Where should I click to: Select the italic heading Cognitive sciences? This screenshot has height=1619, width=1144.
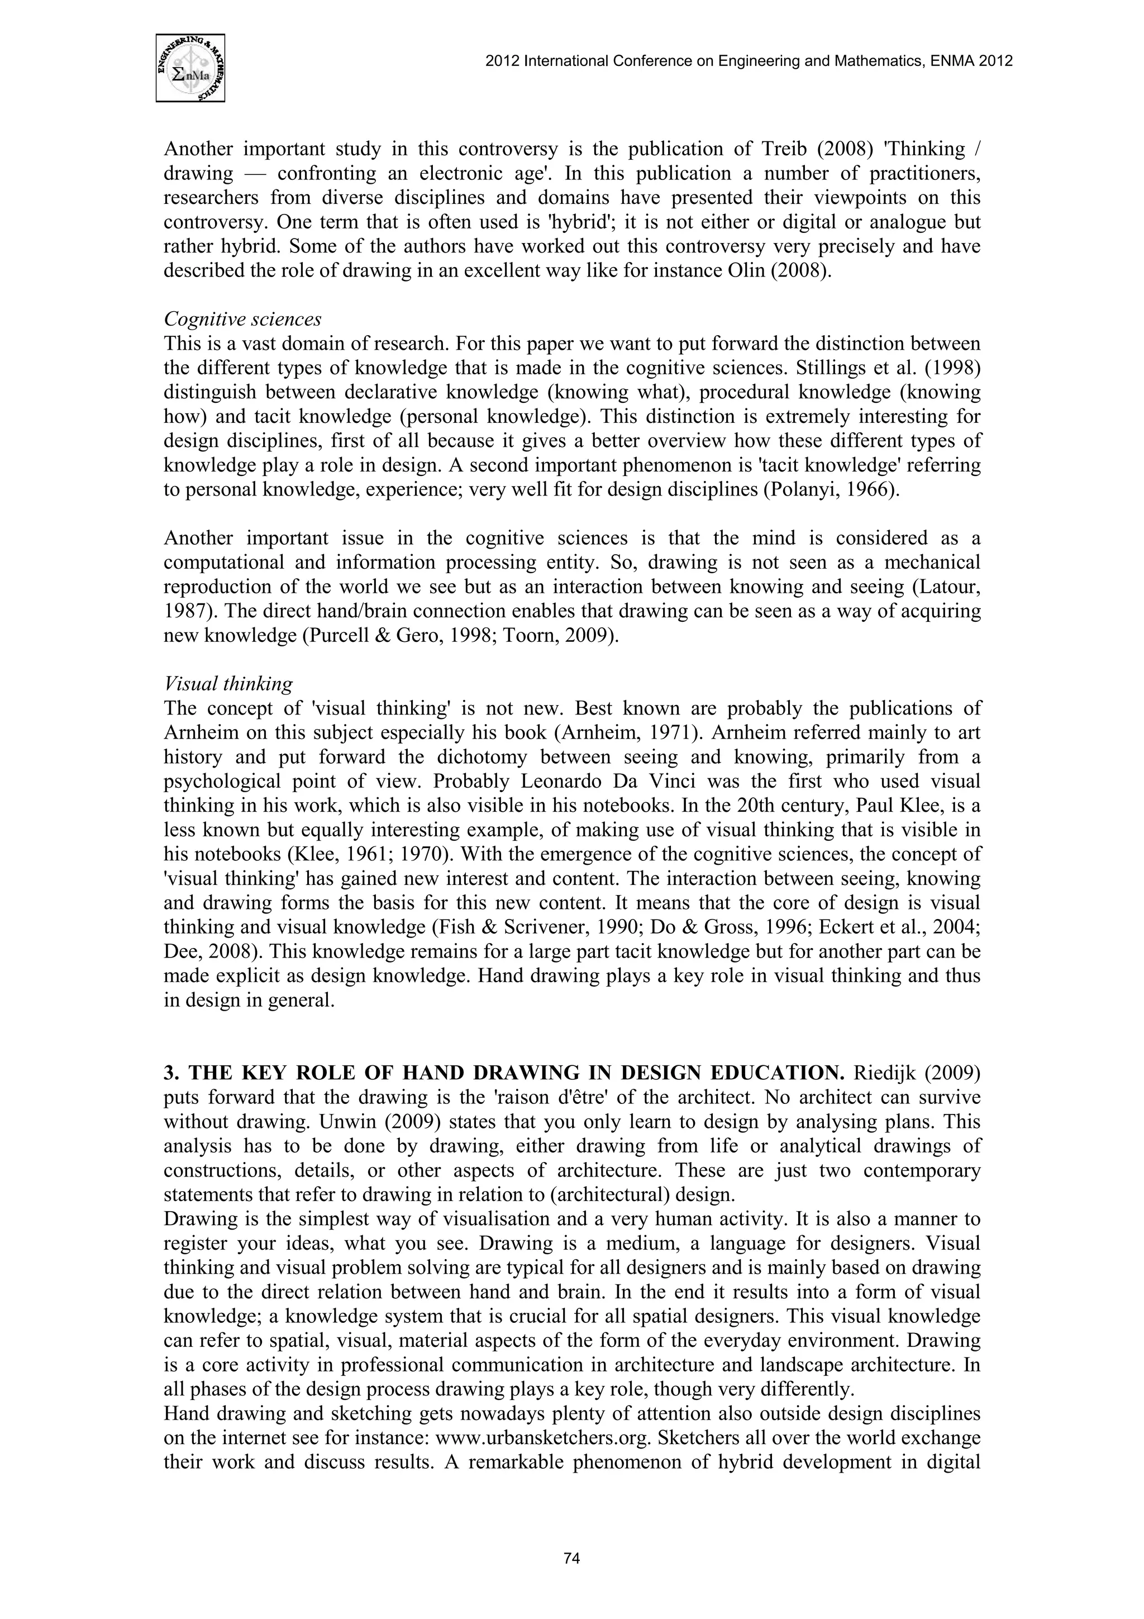pyautogui.click(x=242, y=320)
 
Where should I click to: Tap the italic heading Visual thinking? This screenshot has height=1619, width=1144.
pyautogui.click(x=228, y=683)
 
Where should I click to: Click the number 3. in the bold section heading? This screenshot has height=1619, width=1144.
pyautogui.click(x=171, y=1073)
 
